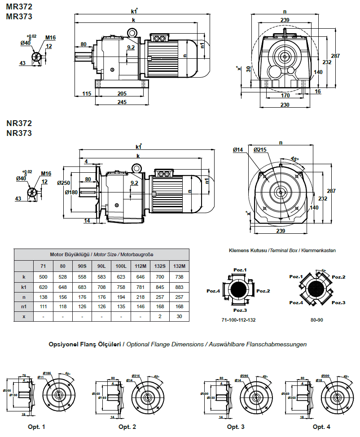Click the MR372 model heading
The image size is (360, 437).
click(x=19, y=7)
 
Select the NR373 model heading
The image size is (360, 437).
click(x=19, y=133)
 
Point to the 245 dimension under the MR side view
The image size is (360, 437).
click(x=122, y=102)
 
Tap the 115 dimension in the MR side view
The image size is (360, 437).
click(x=87, y=94)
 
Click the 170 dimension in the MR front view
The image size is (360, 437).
click(x=285, y=95)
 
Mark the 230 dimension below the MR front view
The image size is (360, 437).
click(x=285, y=105)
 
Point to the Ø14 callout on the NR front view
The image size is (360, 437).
click(x=238, y=149)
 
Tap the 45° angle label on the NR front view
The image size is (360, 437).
click(x=294, y=158)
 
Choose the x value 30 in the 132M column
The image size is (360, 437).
click(x=179, y=317)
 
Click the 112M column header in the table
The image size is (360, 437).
click(x=140, y=266)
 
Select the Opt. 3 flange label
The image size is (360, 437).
click(x=236, y=426)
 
